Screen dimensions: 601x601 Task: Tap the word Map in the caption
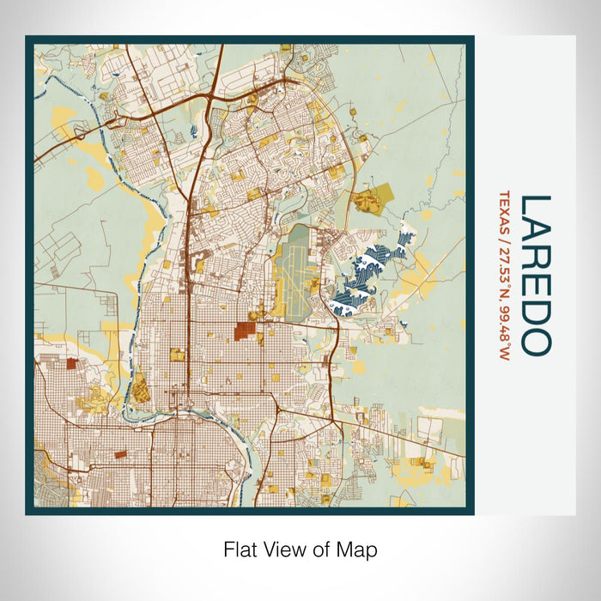tap(360, 548)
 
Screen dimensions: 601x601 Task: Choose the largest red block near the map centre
tap(246, 331)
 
